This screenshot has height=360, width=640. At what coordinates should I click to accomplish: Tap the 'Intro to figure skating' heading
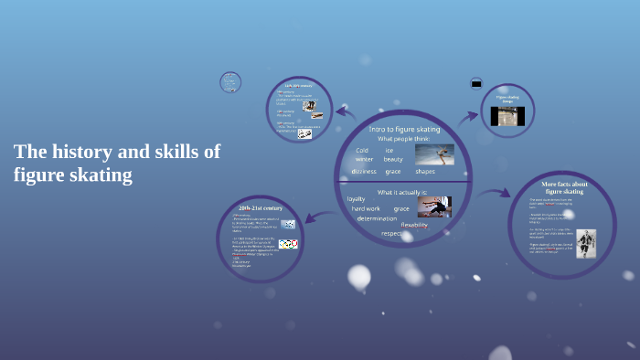point(404,129)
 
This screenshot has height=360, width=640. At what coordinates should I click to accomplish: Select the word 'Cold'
point(362,150)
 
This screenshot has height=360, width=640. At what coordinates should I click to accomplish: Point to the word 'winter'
point(364,160)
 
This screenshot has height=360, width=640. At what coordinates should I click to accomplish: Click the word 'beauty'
point(393,160)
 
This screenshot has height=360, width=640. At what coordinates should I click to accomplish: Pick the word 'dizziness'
point(363,172)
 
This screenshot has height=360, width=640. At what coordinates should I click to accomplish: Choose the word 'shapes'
point(425,172)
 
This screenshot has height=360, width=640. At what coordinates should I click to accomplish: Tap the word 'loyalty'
point(356,198)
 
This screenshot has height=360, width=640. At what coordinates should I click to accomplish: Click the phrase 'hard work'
point(366,208)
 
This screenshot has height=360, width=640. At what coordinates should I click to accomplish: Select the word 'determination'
point(377,219)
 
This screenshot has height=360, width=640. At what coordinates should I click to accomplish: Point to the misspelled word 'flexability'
point(414,225)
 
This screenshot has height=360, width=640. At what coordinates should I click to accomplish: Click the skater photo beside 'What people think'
point(434,154)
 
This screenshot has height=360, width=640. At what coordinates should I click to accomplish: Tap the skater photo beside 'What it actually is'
point(434,206)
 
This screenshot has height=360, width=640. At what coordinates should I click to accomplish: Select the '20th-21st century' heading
point(261,209)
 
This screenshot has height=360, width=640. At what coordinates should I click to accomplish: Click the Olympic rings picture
point(288,244)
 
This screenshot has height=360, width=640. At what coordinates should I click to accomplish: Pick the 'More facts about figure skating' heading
point(564,187)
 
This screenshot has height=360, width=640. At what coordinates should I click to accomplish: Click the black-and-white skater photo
point(585,243)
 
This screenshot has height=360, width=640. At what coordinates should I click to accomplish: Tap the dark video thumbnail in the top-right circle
point(507,116)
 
